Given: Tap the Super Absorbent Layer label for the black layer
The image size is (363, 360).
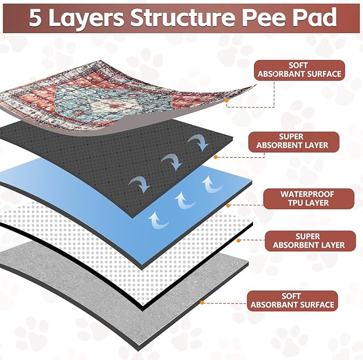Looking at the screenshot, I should pos(294,141).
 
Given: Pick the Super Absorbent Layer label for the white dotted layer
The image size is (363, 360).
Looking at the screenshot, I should pos(308,241).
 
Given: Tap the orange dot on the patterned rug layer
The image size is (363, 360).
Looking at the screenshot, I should pos(227,100).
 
